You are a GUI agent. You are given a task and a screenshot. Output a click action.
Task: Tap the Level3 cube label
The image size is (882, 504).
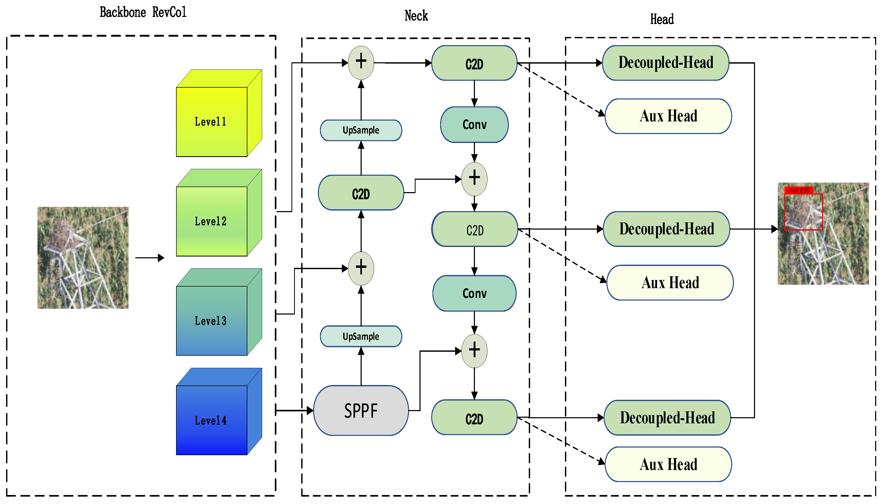[211, 321]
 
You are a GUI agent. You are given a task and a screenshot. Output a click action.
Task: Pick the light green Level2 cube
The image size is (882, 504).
[211, 221]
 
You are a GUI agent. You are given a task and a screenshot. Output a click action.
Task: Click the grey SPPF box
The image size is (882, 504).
[361, 411]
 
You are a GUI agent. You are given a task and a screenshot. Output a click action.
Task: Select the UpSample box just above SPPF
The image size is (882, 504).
[361, 336]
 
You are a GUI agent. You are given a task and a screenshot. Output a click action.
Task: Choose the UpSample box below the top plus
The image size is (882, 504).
[361, 130]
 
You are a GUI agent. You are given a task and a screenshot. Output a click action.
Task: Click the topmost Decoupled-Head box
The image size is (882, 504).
[666, 63]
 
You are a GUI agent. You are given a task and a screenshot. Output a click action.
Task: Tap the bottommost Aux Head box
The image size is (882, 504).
[668, 464]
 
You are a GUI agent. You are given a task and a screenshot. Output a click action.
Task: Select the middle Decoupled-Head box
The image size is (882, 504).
[666, 229]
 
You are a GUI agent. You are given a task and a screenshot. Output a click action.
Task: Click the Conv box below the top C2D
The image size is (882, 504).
[474, 125]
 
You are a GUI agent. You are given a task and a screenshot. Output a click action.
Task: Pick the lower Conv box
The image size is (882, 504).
[474, 293]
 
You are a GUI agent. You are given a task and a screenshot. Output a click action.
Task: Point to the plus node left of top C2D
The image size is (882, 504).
[361, 62]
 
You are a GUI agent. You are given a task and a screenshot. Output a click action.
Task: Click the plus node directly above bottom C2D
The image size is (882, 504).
[474, 351]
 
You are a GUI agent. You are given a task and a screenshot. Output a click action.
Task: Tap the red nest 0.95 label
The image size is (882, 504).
[799, 190]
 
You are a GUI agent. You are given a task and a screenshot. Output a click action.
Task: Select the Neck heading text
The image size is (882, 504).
[416, 16]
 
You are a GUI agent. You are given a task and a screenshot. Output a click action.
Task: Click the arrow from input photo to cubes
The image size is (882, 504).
[150, 258]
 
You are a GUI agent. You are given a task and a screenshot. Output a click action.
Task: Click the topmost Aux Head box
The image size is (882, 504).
[668, 116]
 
